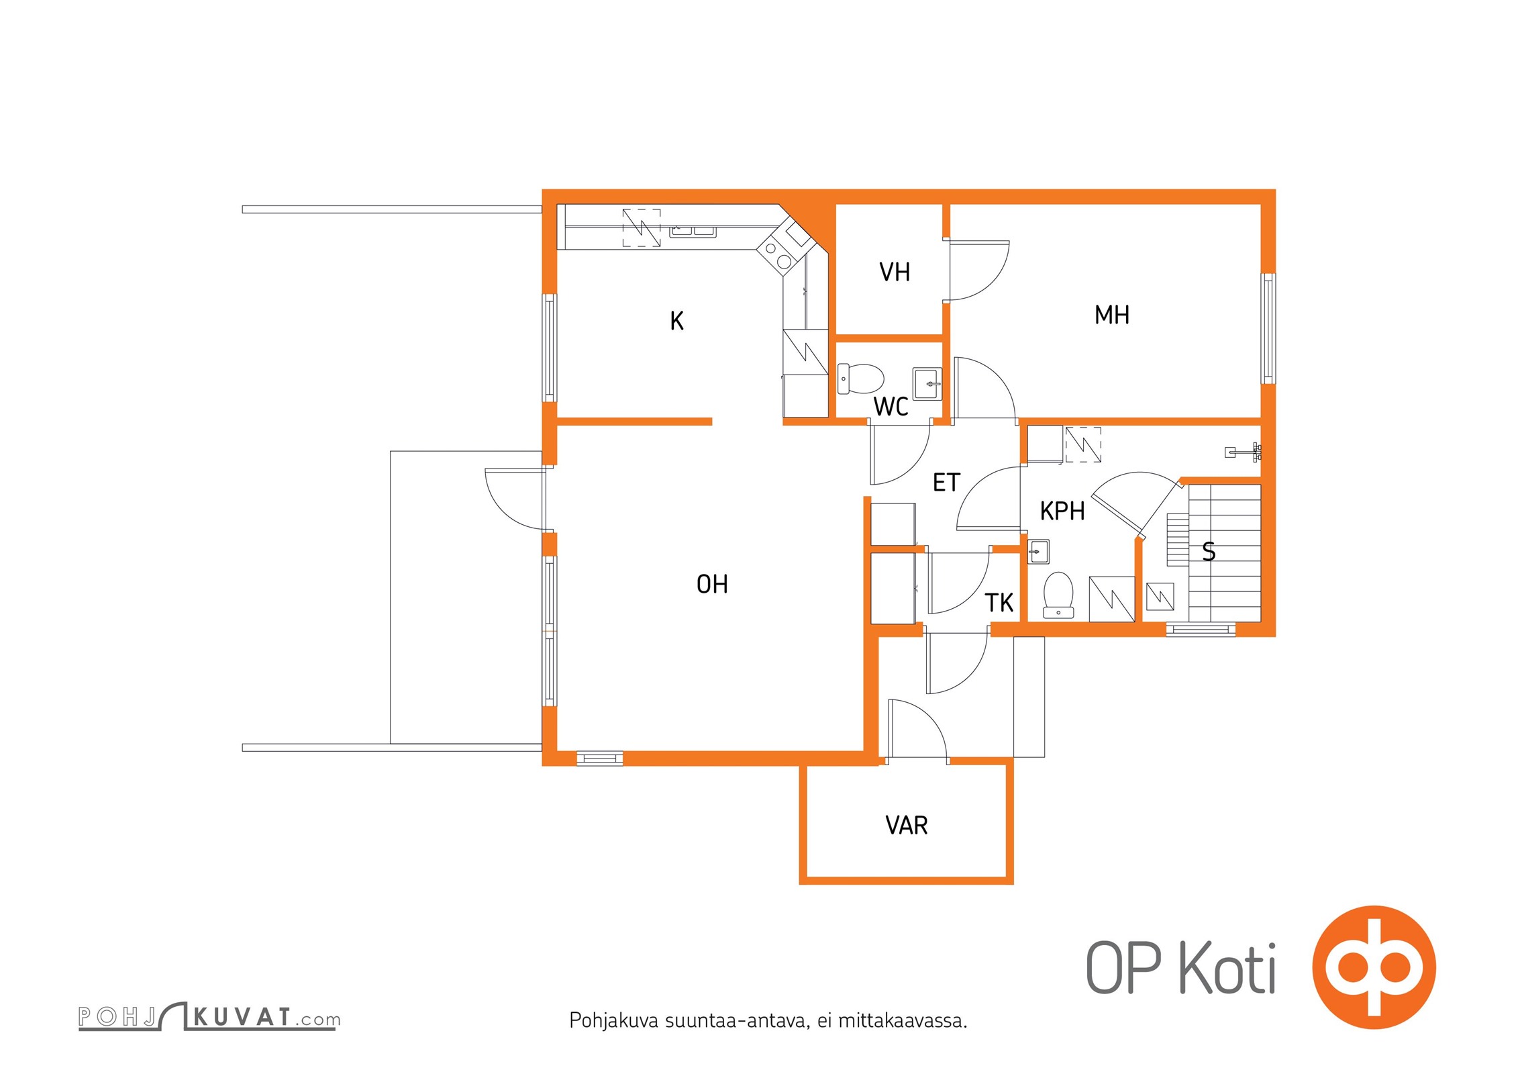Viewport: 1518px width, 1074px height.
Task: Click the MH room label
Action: [1112, 315]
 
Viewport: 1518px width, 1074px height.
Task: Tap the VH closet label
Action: [895, 272]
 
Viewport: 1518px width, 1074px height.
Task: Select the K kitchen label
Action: [676, 321]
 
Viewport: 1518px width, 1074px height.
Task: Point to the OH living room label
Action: [712, 584]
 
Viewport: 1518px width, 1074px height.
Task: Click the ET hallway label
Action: [946, 483]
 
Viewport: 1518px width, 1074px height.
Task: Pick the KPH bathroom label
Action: [1062, 511]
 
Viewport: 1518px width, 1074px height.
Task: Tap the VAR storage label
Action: [907, 826]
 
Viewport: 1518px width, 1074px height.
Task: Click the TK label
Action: [999, 603]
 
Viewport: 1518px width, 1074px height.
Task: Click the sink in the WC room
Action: [927, 384]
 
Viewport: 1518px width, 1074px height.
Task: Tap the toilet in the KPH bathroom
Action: [1058, 595]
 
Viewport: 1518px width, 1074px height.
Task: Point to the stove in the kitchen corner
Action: [778, 255]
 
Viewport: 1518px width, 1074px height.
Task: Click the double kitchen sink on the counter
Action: [693, 232]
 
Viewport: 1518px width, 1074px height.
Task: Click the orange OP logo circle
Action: [1374, 967]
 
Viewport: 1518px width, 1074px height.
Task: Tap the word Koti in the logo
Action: [1227, 968]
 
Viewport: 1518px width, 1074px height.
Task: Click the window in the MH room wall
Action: [1268, 328]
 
